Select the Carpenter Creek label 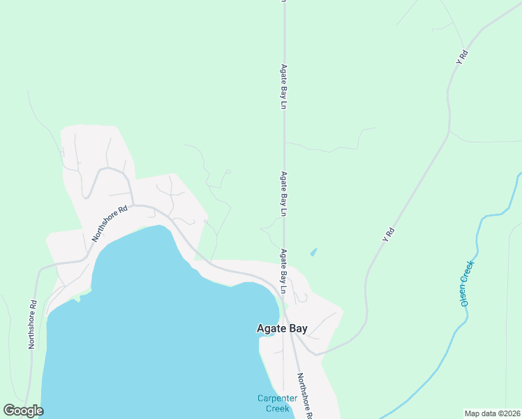277,403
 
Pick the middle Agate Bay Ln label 284,194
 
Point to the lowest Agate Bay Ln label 284,271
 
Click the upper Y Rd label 461,57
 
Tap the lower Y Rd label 388,235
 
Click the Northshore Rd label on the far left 31,325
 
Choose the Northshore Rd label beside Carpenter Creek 304,397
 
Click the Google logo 23,411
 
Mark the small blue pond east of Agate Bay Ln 313,251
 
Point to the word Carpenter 277,399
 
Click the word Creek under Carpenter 277,408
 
